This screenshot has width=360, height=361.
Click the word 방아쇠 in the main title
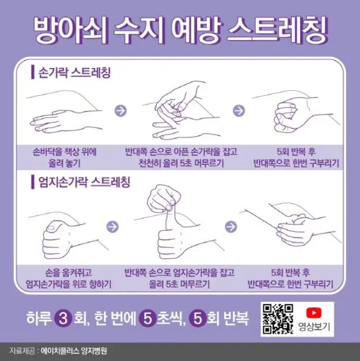tap(71, 30)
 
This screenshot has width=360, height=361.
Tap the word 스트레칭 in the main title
tap(277, 30)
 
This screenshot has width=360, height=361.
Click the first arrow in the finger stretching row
tap(120, 111)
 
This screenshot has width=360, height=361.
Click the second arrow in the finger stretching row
tap(239, 111)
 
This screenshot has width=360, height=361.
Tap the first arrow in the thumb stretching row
tap(112, 227)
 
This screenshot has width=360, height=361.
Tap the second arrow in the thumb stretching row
tap(231, 227)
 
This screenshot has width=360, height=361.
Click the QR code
tap(278, 319)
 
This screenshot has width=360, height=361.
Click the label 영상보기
tap(314, 327)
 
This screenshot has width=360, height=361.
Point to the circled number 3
tap(63, 319)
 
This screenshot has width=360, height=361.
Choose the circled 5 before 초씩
tap(148, 319)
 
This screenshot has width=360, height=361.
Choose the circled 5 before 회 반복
tap(197, 319)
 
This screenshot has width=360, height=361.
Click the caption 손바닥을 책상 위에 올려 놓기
tap(64, 158)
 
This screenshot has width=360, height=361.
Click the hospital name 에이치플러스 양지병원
tap(74, 351)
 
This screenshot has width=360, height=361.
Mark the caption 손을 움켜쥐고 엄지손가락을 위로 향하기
tap(69, 278)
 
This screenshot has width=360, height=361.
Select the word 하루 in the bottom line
tap(38, 319)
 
